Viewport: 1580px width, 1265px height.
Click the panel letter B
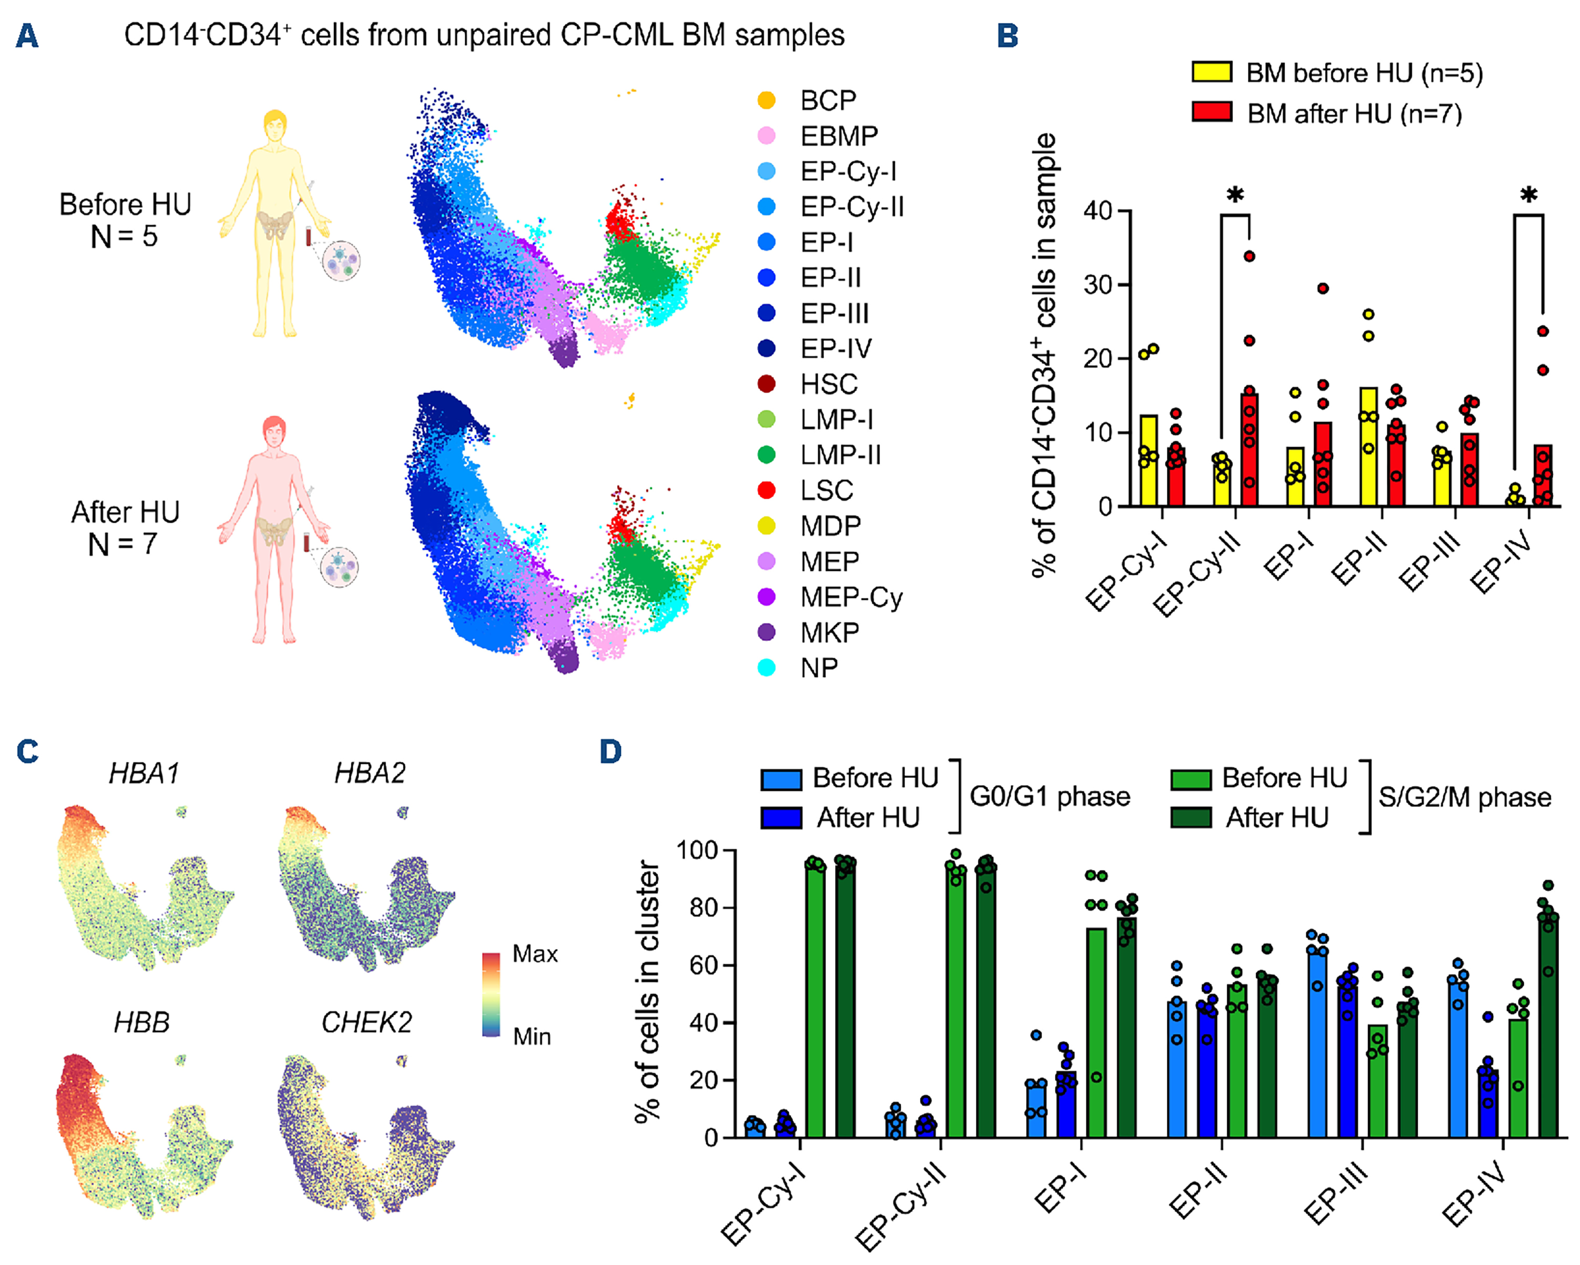pos(1007,35)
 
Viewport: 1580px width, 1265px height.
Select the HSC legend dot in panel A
pos(767,383)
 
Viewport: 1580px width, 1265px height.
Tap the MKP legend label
pos(830,632)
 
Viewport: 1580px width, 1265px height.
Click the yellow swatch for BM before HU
pos(1211,72)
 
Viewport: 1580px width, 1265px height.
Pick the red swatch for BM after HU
pos(1211,112)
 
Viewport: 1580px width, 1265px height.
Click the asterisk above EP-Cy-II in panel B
pos(1236,195)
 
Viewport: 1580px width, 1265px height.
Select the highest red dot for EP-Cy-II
pos(1249,256)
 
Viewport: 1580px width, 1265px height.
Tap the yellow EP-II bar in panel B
pos(1368,447)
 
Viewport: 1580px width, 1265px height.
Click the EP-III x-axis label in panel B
pos(1429,561)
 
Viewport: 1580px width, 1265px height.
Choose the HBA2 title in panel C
pos(370,773)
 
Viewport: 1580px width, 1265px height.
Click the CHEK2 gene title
pos(366,1021)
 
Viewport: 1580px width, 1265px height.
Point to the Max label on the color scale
pos(535,954)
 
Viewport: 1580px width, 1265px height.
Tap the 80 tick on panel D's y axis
pos(704,907)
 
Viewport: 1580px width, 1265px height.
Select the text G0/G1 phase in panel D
pos(1049,797)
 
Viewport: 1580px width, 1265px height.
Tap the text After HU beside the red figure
pos(125,512)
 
